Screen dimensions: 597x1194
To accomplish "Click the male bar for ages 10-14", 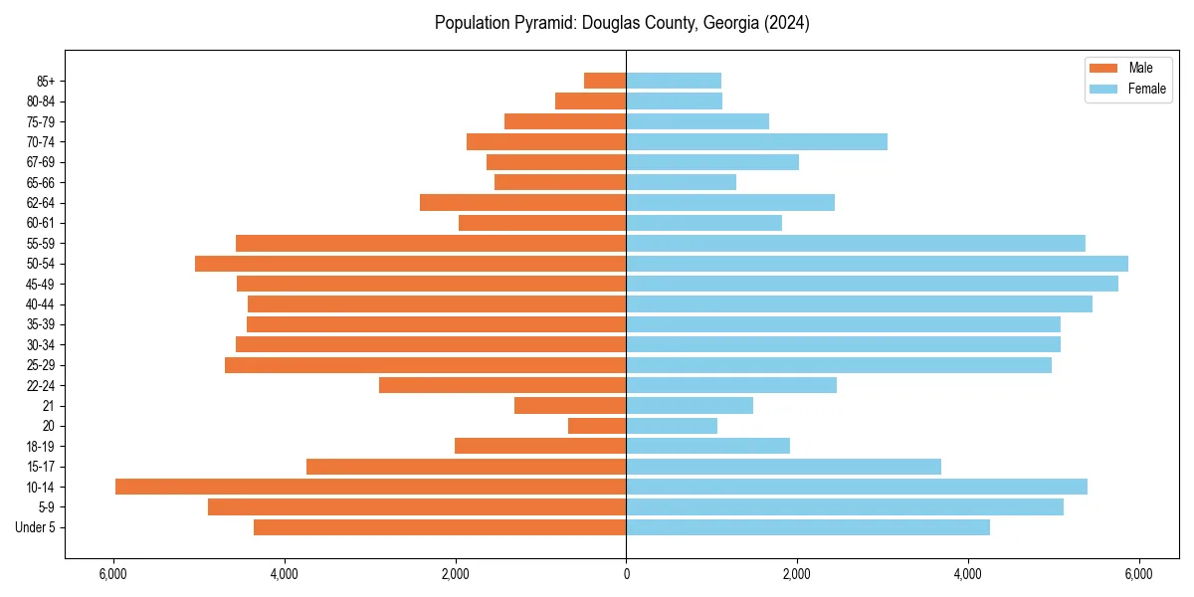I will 370,487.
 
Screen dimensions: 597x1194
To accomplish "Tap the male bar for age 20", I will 597,426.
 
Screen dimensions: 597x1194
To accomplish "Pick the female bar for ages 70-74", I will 756,142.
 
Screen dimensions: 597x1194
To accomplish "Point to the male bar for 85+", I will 605,81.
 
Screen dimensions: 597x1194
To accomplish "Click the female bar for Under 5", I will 808,527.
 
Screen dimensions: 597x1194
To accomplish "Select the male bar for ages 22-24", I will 502,385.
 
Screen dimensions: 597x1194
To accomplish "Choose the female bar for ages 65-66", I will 681,182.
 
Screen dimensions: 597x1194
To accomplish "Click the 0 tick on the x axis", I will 626,574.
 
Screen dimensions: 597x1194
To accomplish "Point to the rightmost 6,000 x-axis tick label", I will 1138,574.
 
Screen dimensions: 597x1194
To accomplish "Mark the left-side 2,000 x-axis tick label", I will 455,574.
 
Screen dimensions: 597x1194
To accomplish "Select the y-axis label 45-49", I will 41,284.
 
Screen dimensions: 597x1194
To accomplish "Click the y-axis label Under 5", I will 36,527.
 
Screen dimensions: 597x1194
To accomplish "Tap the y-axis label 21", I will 49,406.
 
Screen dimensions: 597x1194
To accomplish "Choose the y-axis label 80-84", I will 41,101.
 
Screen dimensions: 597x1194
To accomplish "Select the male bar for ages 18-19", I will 540,446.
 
